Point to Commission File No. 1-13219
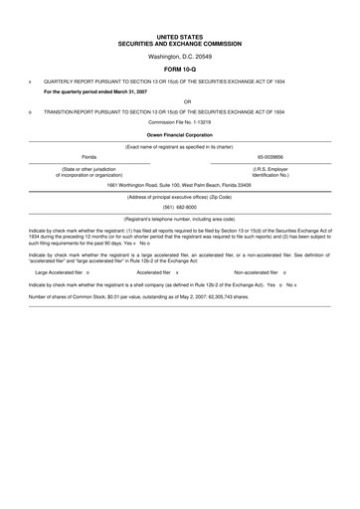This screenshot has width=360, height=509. click(179, 122)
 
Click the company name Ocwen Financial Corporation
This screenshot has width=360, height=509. click(179, 134)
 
